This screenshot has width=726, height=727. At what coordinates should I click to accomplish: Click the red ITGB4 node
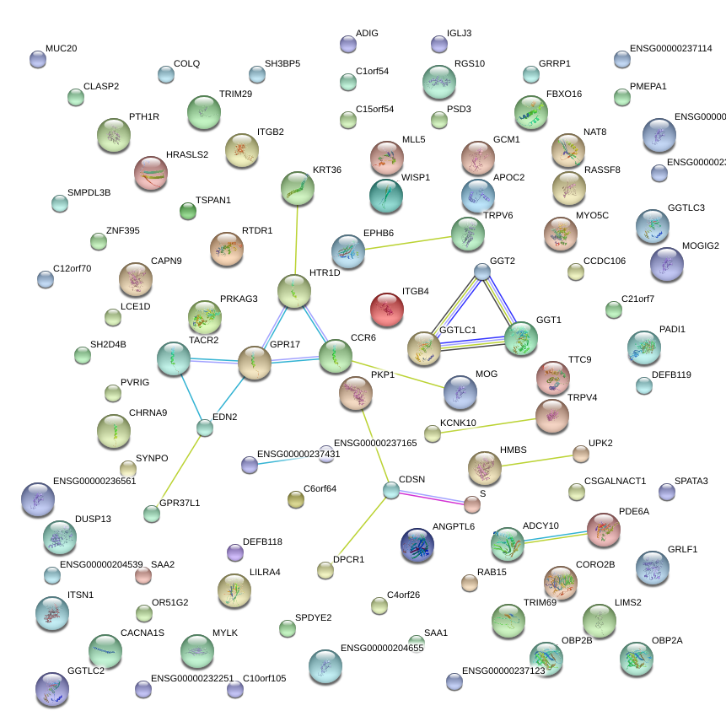point(387,309)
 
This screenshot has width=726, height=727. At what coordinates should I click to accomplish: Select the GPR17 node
point(254,363)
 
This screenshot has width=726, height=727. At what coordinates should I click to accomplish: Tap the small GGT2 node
point(481,272)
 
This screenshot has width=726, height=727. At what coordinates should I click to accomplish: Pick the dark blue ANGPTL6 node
point(417,546)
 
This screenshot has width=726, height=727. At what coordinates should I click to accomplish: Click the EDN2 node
point(205,428)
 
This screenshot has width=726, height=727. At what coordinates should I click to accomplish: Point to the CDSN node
point(390,490)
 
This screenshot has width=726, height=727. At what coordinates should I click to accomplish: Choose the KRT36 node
point(296,187)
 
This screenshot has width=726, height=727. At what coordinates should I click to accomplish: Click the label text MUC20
point(61,49)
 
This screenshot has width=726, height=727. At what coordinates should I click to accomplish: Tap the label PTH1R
point(144,116)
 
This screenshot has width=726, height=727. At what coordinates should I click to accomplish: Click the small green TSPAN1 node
point(188,211)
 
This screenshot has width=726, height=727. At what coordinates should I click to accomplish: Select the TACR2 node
point(174,358)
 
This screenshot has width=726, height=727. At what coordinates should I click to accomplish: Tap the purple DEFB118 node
point(235,552)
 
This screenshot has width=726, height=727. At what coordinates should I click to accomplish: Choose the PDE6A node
point(604,530)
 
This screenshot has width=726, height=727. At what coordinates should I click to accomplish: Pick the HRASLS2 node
point(151,173)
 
